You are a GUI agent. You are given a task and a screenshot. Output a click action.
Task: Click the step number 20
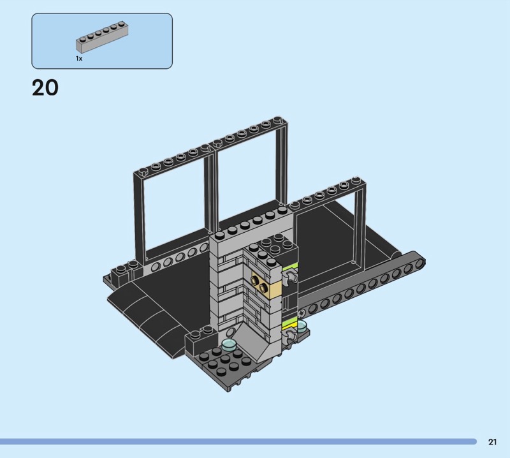coord(45,87)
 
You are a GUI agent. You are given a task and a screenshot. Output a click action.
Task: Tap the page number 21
coord(492,441)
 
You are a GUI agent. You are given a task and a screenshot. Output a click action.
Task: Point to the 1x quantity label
coord(79,59)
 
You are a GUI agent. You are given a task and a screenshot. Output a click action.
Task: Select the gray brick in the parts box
coord(102,37)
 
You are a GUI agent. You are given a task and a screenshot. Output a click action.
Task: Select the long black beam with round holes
coord(361,287)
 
